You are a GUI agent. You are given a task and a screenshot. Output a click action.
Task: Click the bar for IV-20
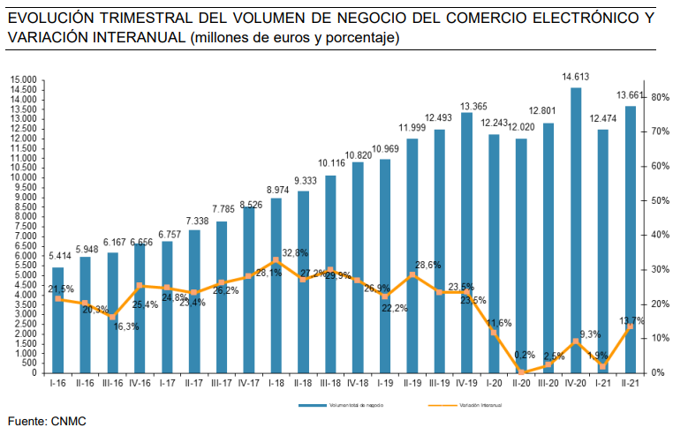576,229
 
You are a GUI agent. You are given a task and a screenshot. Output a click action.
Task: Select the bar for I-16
58,319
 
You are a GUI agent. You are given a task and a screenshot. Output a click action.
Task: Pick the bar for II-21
631,239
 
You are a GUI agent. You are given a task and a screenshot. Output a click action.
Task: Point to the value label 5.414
58,257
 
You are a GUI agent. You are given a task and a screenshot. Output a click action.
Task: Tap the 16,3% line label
125,326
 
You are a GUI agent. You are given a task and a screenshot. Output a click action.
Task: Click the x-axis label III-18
330,383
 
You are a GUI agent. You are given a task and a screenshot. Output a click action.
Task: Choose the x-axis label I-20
495,383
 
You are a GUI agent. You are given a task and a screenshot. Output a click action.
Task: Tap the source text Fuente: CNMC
46,422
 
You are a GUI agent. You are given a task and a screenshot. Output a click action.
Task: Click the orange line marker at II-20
522,372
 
